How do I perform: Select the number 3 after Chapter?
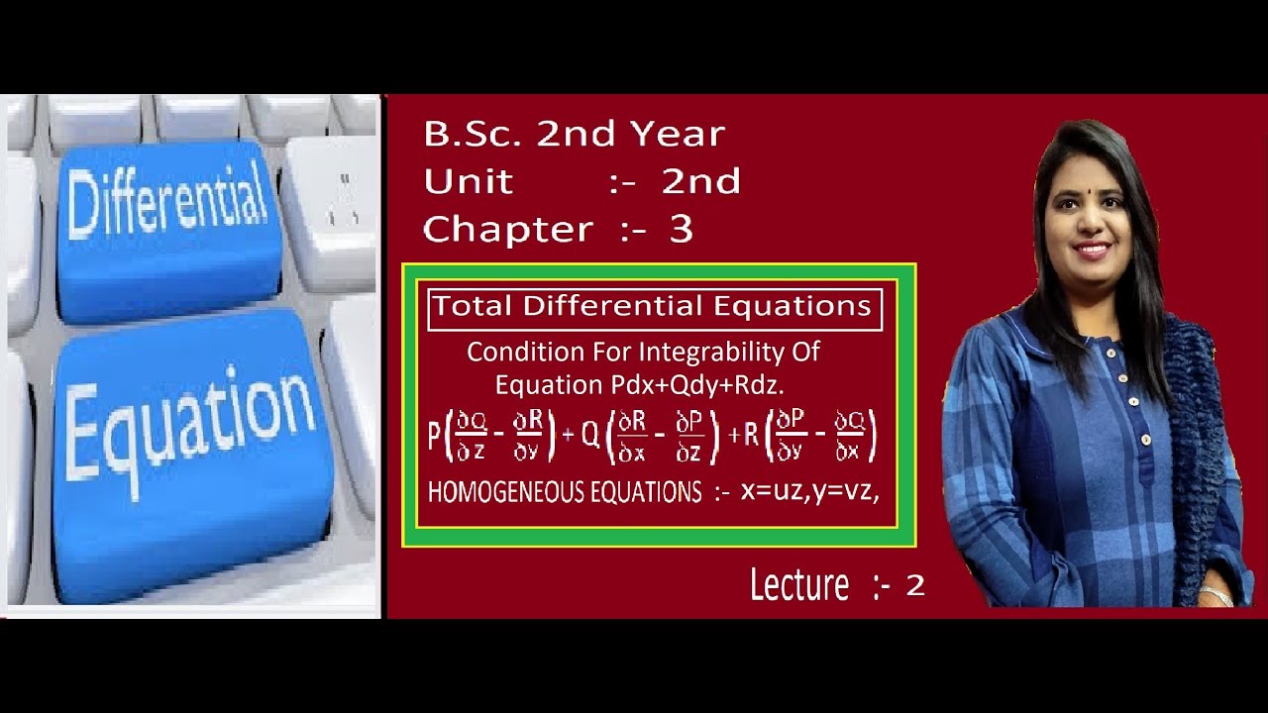[681, 230]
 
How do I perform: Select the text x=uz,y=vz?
[810, 490]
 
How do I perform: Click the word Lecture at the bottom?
[798, 585]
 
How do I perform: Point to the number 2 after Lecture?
[914, 585]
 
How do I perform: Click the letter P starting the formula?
[434, 436]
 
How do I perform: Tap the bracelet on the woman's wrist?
[1215, 595]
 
